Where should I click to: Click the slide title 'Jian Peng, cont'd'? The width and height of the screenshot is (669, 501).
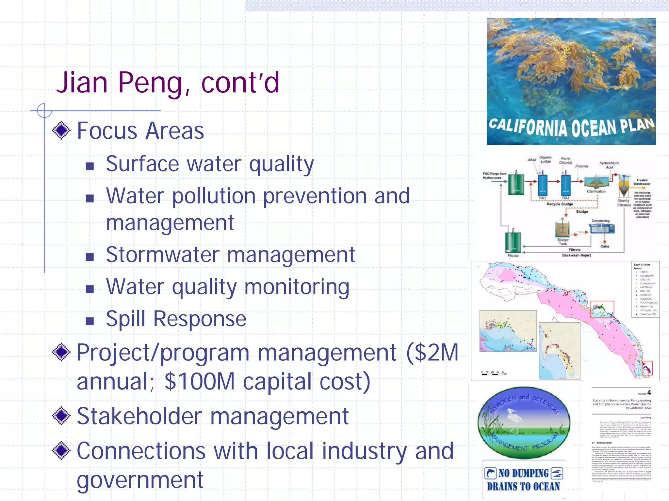click(168, 83)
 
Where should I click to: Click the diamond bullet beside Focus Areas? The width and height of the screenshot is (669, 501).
click(61, 130)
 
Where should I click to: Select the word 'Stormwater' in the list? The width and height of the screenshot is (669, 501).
click(162, 255)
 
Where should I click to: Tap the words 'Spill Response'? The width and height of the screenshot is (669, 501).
click(176, 319)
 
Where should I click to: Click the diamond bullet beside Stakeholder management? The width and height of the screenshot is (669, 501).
click(61, 416)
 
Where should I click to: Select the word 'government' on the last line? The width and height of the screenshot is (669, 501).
click(140, 480)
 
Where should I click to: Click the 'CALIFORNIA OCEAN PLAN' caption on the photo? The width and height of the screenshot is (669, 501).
click(571, 127)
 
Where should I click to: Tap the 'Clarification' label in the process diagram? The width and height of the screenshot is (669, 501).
click(596, 191)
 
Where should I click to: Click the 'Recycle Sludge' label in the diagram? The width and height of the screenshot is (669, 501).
click(560, 204)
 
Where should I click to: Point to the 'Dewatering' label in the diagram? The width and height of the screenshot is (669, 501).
click(600, 221)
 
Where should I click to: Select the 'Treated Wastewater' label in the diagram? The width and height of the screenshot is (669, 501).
click(642, 182)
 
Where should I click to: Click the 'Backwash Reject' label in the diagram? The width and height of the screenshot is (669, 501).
click(577, 255)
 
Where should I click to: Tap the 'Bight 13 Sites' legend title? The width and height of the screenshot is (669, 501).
click(642, 265)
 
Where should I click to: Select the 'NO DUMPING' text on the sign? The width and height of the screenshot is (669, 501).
click(523, 473)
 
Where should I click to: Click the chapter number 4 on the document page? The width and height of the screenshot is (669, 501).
click(649, 393)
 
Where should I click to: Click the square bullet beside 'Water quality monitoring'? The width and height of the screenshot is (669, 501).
click(90, 289)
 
